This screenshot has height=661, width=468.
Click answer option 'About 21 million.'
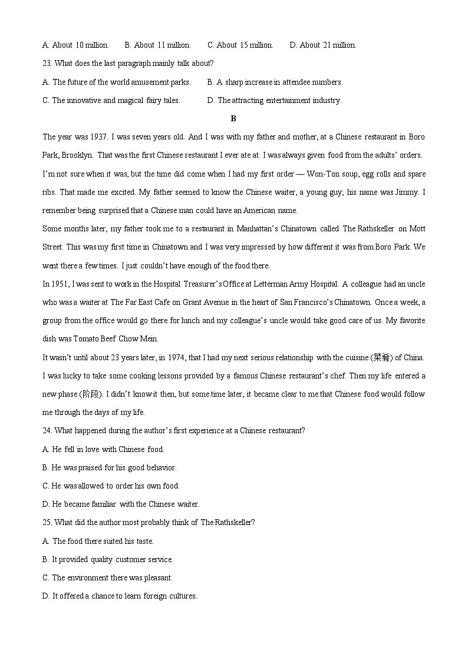pyautogui.click(x=323, y=45)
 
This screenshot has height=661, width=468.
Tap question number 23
pyautogui.click(x=47, y=63)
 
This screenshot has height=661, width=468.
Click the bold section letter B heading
pyautogui.click(x=233, y=118)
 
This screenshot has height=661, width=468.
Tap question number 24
pyautogui.click(x=47, y=430)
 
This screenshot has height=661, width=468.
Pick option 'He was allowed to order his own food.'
pyautogui.click(x=111, y=486)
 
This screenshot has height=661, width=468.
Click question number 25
pyautogui.click(x=47, y=522)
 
